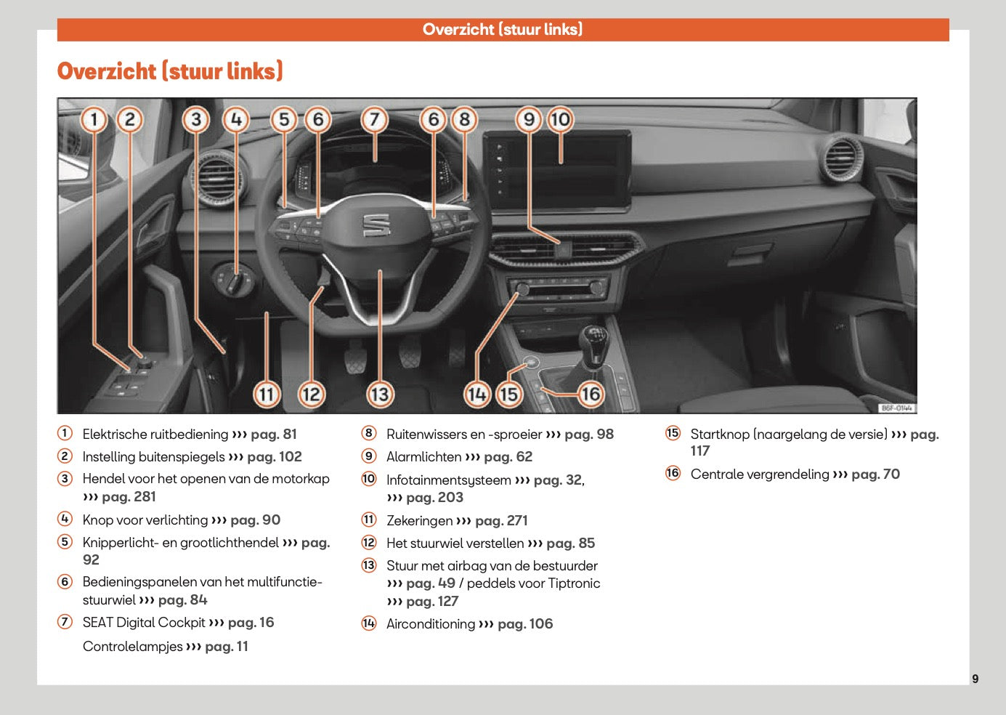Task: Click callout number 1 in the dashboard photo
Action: [x=94, y=119]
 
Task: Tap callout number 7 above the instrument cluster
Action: [x=374, y=119]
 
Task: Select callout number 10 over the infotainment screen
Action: [x=560, y=119]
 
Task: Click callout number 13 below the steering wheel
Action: [x=380, y=394]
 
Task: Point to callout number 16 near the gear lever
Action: [x=590, y=394]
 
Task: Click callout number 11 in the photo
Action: [x=267, y=394]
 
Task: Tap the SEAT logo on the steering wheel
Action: [x=376, y=225]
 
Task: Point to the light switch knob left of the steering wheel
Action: [x=234, y=280]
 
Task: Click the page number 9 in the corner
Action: [x=975, y=679]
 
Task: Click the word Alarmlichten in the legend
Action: [x=423, y=457]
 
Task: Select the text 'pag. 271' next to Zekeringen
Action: [x=501, y=521]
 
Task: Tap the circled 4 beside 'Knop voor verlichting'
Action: [x=65, y=519]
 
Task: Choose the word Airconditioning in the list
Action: [x=430, y=624]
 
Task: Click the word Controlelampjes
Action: [x=132, y=647]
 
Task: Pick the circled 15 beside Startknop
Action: [x=673, y=434]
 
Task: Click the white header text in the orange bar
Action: [x=503, y=29]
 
